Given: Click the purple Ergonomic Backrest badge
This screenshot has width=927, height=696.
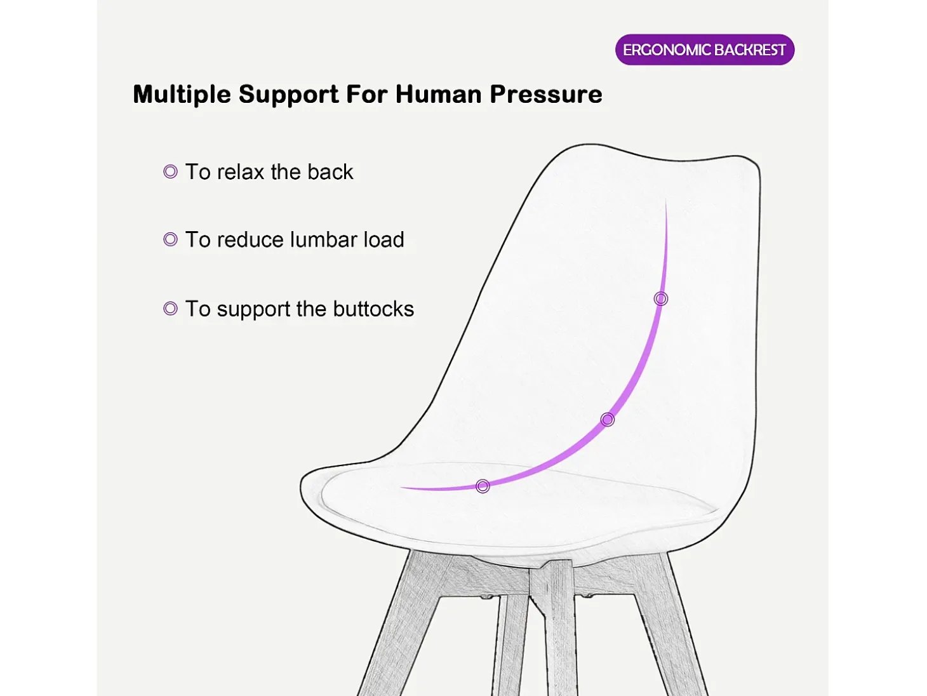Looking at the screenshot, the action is (x=704, y=50).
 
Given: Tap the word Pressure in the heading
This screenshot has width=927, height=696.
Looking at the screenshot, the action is (x=546, y=94).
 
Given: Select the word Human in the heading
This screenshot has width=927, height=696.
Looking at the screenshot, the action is (x=438, y=94).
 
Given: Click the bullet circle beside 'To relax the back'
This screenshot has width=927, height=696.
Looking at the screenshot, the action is (x=170, y=171).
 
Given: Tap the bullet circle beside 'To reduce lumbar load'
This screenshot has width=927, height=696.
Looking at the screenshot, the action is (x=170, y=239).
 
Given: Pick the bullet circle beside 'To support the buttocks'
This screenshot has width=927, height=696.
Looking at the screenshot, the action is (x=170, y=308).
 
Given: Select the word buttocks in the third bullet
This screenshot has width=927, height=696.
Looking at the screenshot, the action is (x=373, y=309).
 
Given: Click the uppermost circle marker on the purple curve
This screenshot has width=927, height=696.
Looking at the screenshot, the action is (x=661, y=299).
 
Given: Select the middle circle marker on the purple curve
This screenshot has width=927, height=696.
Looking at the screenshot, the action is (x=607, y=419).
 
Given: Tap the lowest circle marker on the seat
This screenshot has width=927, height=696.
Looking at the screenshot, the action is (x=483, y=486).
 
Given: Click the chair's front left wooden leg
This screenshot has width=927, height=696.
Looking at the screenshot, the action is (x=401, y=625).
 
